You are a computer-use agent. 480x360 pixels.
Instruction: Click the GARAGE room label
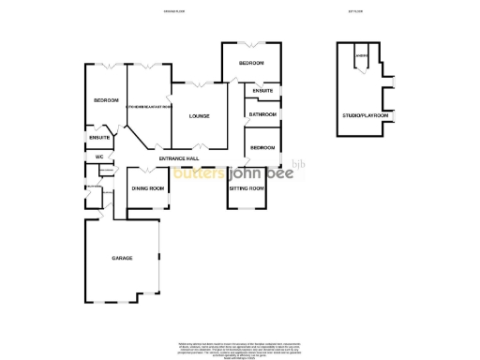pyautogui.click(x=122, y=258)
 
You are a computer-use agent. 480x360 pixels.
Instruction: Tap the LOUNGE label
pyautogui.click(x=199, y=116)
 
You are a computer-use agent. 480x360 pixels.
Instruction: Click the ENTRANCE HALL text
pyautogui.click(x=179, y=158)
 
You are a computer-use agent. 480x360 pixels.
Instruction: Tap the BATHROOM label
pyautogui.click(x=262, y=114)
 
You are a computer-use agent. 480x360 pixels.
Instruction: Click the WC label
pyautogui.click(x=97, y=156)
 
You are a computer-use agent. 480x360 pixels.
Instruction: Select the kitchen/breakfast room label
pyautogui.click(x=148, y=107)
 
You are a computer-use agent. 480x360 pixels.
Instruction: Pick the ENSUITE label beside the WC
pyautogui.click(x=99, y=138)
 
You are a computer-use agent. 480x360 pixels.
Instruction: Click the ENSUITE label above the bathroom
pyautogui.click(x=262, y=91)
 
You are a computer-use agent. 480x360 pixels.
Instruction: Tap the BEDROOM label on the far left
pyautogui.click(x=105, y=100)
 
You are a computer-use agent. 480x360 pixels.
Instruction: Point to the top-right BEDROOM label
pyautogui.click(x=250, y=63)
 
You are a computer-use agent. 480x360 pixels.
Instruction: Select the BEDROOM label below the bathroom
pyautogui.click(x=262, y=147)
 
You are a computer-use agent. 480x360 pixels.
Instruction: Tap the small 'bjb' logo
pyautogui.click(x=299, y=165)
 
